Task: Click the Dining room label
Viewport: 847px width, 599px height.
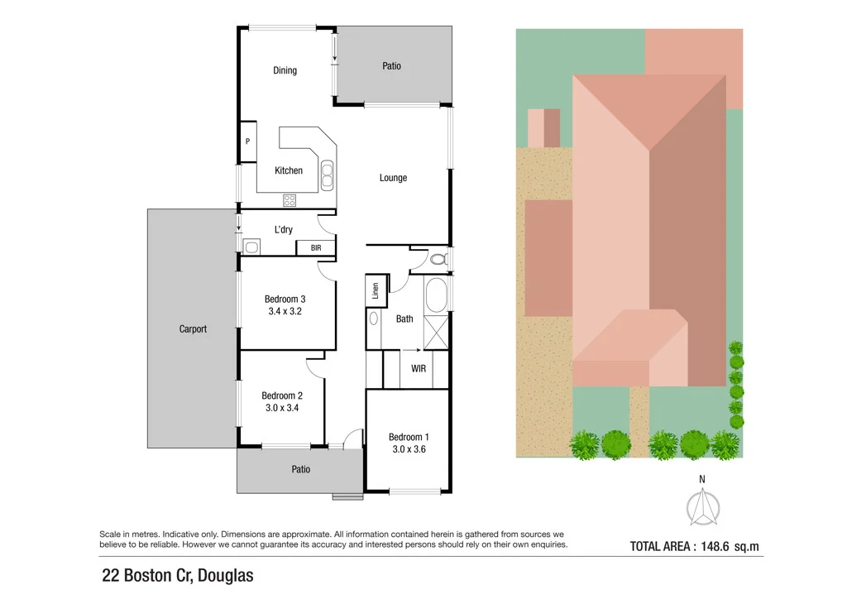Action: (285, 70)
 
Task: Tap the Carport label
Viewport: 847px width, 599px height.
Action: (193, 328)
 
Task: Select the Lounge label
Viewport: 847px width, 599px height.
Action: (393, 178)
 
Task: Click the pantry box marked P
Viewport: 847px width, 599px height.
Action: (247, 141)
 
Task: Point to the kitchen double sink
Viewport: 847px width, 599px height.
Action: (328, 174)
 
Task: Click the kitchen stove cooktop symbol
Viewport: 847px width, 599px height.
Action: (290, 199)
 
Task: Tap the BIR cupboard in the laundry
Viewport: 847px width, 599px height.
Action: (316, 247)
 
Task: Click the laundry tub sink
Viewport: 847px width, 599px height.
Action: (251, 247)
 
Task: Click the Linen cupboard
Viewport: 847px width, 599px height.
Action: (376, 290)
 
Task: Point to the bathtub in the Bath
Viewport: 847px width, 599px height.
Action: (436, 295)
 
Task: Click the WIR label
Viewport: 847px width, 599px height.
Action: (419, 368)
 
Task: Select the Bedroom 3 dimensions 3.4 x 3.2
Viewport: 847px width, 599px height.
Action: (285, 312)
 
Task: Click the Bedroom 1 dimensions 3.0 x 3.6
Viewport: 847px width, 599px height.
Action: (409, 450)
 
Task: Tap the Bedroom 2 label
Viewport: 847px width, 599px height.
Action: (282, 395)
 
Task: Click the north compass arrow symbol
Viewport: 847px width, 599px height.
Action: (702, 506)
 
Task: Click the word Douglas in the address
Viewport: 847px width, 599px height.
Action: (223, 575)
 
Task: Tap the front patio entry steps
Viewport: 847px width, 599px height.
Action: (347, 496)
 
